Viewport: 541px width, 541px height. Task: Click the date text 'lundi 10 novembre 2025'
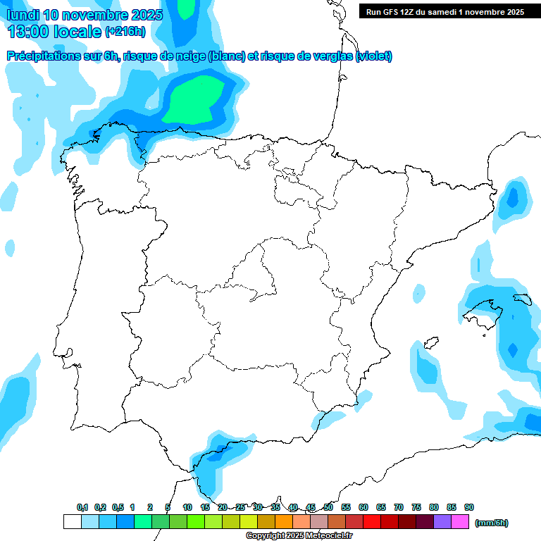click(x=85, y=15)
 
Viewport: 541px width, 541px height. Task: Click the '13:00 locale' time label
click(x=54, y=32)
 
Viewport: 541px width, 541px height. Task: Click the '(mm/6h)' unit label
click(x=491, y=523)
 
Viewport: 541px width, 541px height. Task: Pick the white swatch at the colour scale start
click(x=73, y=522)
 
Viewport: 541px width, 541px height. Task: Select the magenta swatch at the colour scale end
click(x=460, y=522)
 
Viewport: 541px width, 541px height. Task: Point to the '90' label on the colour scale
click(x=469, y=507)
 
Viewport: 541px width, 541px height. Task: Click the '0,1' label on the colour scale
click(x=82, y=507)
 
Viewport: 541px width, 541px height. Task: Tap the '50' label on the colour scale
click(x=328, y=507)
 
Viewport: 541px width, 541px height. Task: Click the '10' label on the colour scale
click(x=187, y=507)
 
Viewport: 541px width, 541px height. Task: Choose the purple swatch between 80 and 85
click(x=442, y=522)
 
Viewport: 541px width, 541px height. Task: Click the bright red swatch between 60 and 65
click(x=372, y=522)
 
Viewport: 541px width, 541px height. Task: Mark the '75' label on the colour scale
click(x=416, y=507)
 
